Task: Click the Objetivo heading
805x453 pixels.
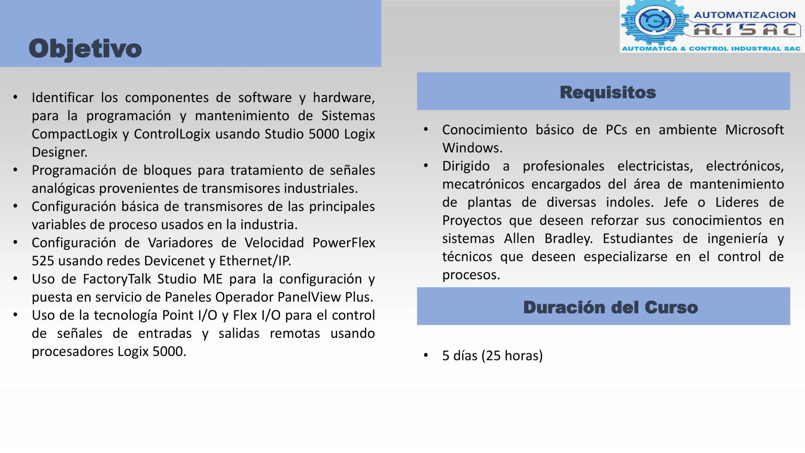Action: point(85,49)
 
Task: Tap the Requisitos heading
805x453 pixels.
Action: point(608,93)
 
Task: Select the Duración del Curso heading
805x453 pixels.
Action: point(611,307)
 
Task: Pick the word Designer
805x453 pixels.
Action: point(59,152)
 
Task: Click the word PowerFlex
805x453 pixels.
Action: point(344,243)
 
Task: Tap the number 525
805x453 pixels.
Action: point(43,261)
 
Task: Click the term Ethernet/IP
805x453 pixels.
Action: point(255,261)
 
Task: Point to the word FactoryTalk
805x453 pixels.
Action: point(117,279)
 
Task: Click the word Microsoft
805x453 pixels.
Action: point(754,130)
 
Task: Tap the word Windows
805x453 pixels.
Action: point(472,148)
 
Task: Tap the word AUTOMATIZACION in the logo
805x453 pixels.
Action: point(745,15)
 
